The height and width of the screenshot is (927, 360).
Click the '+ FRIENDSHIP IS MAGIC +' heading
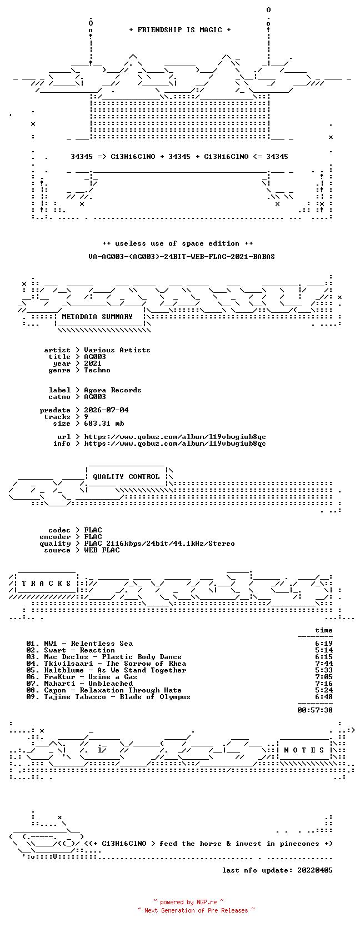tap(180, 30)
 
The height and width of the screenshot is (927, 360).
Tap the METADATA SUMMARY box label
tap(97, 317)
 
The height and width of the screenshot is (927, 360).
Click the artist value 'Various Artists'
tap(117, 350)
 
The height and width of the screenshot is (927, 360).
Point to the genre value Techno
tap(97, 370)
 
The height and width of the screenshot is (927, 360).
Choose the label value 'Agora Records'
tap(113, 390)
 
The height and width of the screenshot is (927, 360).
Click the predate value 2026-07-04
tap(106, 410)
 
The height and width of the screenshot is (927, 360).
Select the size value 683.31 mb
tap(104, 423)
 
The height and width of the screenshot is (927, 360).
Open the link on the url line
tap(175, 437)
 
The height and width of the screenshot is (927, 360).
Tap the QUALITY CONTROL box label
tap(126, 477)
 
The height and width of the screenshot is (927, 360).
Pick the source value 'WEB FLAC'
tap(102, 550)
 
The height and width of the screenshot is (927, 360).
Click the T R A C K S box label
tap(46, 584)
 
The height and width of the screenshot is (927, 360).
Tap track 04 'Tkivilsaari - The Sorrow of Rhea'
tap(106, 664)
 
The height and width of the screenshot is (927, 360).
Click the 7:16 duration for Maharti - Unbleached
tap(323, 683)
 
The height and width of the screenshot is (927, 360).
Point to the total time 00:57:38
tap(315, 710)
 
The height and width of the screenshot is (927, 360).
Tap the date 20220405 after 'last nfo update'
tap(315, 870)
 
